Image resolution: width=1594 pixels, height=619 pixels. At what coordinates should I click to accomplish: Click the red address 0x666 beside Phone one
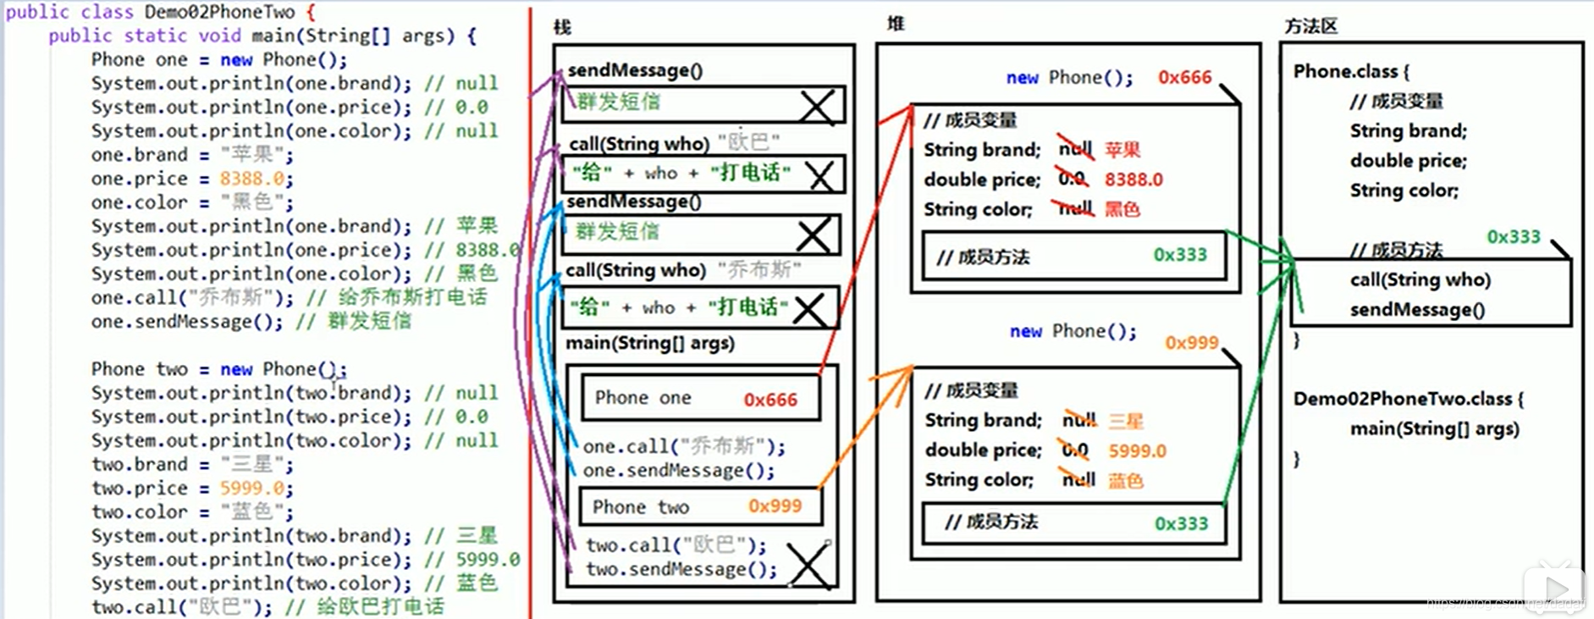769,400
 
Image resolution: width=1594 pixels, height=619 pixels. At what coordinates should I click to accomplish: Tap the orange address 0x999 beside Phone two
775,506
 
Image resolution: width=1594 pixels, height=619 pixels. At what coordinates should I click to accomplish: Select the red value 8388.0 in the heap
1133,180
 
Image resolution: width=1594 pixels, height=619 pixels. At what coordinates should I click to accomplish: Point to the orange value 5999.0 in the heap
1137,451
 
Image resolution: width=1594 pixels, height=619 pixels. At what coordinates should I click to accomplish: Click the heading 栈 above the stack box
562,27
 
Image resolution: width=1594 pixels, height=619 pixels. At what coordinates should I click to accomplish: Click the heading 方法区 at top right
1310,26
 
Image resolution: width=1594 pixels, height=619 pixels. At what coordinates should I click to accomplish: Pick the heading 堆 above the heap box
896,24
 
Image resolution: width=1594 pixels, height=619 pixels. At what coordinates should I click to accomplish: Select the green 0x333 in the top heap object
1180,255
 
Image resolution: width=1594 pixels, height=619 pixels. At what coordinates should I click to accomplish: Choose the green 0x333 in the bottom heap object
1181,523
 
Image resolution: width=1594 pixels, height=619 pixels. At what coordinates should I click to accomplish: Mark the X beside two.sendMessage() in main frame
808,565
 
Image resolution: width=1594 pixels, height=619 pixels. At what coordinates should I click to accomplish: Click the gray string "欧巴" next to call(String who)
748,141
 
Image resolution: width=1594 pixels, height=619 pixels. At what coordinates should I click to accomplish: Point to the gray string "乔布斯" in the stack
758,270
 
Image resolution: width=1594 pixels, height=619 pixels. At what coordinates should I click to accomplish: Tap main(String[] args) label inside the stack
649,343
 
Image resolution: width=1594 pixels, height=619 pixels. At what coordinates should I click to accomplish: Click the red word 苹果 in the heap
1122,150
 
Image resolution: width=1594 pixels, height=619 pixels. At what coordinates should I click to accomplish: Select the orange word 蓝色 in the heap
1126,481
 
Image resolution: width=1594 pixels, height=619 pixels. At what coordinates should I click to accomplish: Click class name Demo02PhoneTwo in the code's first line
219,12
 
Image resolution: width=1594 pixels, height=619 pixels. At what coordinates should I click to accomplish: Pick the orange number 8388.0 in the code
251,179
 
